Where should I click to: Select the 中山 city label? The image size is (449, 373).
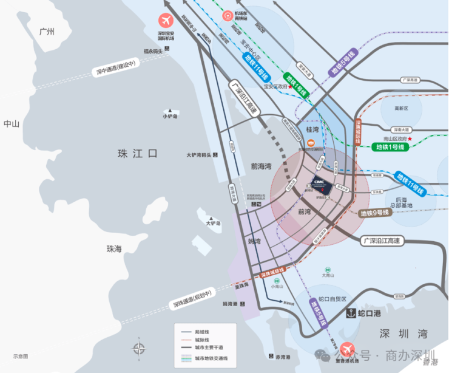pyautogui.click(x=12, y=124)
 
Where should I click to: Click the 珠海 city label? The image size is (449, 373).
pyautogui.click(x=114, y=248)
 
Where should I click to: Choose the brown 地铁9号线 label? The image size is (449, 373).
pyautogui.click(x=374, y=213)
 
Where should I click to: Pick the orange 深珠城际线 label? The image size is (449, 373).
pyautogui.click(x=264, y=275)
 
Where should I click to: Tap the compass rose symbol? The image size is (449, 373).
pyautogui.click(x=140, y=349)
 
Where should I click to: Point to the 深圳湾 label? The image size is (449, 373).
pyautogui.click(x=403, y=334)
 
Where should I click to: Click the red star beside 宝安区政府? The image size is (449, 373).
pyautogui.click(x=291, y=87)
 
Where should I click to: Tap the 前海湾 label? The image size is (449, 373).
pyautogui.click(x=261, y=165)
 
